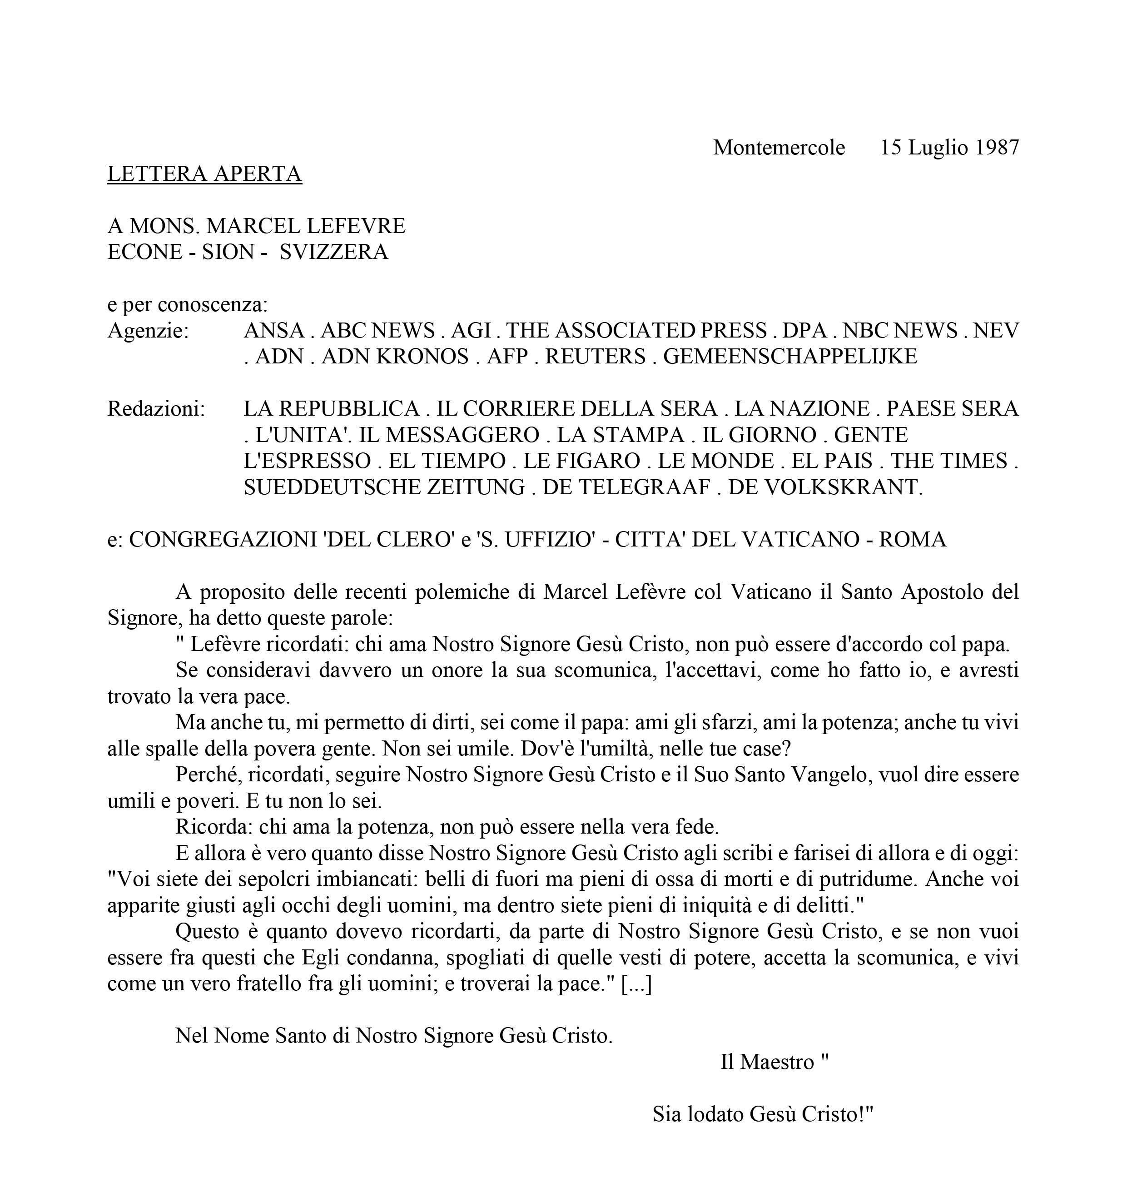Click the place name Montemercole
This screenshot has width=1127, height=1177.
[x=779, y=147]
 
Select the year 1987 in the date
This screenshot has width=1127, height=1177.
[x=997, y=147]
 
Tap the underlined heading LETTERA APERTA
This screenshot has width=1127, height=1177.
[x=204, y=174]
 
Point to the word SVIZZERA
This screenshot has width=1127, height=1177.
[x=334, y=252]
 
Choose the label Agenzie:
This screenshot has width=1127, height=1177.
[x=148, y=330]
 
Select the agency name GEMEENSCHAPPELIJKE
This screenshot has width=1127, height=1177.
[x=790, y=356]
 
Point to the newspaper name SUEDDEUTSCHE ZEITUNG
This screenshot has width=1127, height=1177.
[x=384, y=487]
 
